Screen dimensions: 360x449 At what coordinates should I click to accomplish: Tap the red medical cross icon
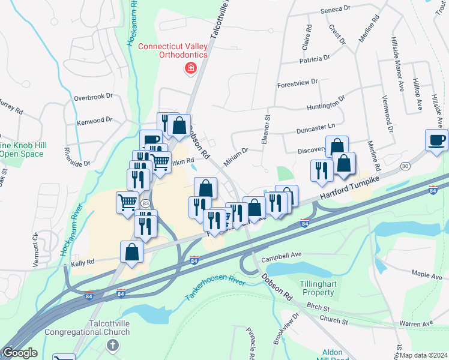pyautogui.click(x=191, y=69)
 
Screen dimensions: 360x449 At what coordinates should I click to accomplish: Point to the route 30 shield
pyautogui.click(x=406, y=166)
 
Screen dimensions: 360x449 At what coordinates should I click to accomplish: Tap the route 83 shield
pyautogui.click(x=145, y=204)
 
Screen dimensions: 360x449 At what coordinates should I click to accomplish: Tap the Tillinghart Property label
pyautogui.click(x=317, y=288)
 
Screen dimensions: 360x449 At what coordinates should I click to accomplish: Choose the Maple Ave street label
pyautogui.click(x=427, y=276)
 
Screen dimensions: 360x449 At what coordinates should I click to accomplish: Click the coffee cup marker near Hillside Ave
pyautogui.click(x=436, y=140)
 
